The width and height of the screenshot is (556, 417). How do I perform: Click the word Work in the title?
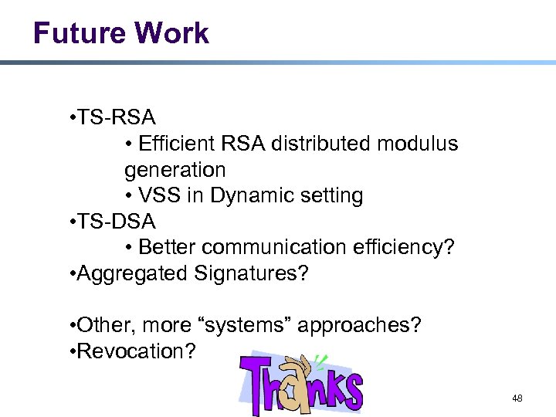(x=175, y=33)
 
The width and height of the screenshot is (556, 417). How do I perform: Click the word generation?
(x=175, y=169)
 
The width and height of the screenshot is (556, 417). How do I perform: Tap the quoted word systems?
(x=250, y=325)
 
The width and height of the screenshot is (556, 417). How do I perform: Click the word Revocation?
(x=136, y=351)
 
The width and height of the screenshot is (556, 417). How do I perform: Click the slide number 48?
(x=517, y=399)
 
